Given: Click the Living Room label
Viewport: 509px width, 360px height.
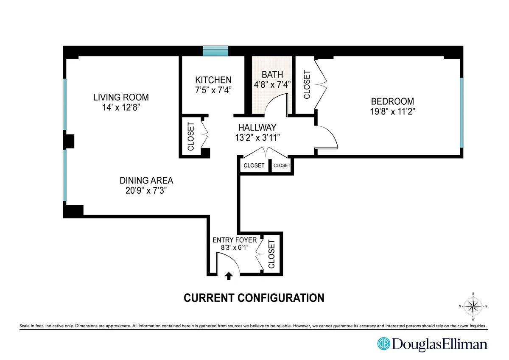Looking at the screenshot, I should [121, 98].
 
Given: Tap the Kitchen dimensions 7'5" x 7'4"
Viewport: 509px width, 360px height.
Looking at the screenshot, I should [213, 90].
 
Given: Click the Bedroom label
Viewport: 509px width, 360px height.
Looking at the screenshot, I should [392, 101].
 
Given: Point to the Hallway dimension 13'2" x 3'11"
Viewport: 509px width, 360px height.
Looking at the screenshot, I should [257, 137].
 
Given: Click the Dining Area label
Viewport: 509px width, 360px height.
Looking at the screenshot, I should [146, 180].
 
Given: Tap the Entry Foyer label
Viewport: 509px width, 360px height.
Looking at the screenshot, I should [235, 240].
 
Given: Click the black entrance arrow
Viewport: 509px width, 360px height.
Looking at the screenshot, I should [229, 276].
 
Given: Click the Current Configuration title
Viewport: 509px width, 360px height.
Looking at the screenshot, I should [254, 298].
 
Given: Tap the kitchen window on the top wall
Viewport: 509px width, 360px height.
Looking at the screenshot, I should [215, 51].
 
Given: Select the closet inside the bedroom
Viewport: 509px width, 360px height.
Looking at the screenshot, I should [307, 84].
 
